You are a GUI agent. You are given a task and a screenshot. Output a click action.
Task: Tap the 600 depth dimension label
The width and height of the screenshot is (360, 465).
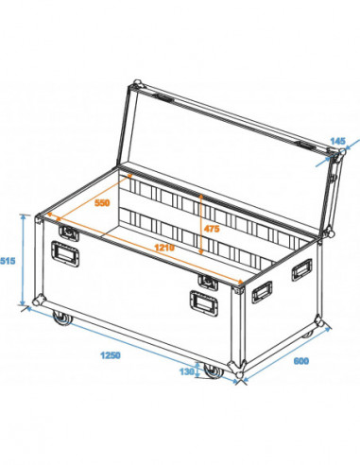[300, 362]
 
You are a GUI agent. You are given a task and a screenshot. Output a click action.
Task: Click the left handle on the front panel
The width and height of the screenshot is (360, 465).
[65, 255]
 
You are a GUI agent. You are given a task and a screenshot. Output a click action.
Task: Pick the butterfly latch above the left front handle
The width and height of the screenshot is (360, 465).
[67, 231]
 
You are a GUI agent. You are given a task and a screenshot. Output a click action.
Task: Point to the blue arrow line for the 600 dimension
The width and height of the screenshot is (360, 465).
[283, 353]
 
